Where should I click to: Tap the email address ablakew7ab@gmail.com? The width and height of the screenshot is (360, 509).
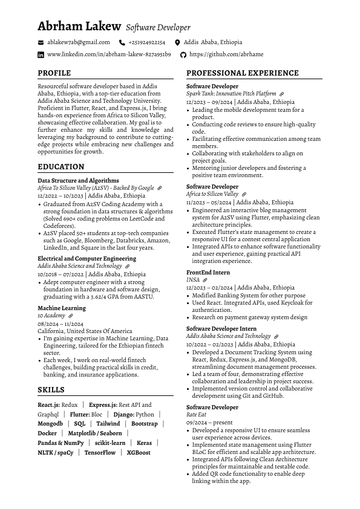click(78, 42)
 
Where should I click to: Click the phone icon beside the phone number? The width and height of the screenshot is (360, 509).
click(122, 43)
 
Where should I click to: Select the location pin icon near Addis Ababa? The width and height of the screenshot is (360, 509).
click(177, 43)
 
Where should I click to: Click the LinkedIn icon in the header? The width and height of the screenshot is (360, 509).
click(41, 54)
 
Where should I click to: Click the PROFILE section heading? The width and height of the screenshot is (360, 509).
click(54, 73)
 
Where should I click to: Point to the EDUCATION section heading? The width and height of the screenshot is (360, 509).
click(61, 167)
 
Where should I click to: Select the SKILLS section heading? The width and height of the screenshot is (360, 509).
click(51, 390)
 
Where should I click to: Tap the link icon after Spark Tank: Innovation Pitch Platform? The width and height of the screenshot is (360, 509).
click(282, 94)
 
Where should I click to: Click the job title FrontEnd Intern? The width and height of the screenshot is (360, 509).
click(208, 273)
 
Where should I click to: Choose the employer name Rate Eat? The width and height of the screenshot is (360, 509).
click(196, 415)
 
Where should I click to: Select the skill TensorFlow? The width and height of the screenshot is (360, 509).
click(100, 452)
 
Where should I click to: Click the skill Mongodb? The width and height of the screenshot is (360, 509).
click(50, 424)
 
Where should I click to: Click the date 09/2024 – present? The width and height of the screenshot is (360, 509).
click(209, 423)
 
